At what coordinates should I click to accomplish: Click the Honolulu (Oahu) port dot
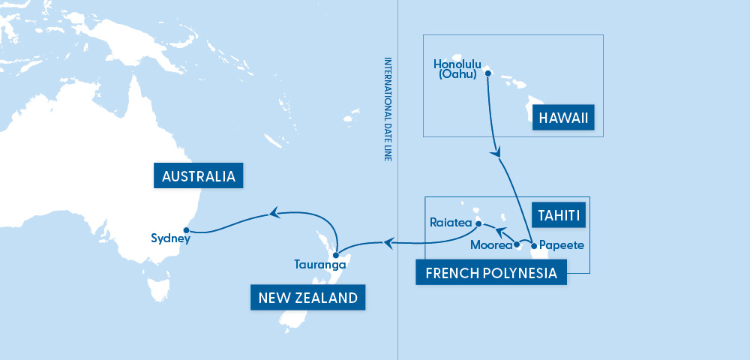click(487, 73)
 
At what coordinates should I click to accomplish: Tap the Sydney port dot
click(186, 230)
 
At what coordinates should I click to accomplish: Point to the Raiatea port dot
click(477, 222)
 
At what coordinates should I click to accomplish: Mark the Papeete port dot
click(533, 245)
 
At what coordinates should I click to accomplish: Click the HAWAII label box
click(567, 118)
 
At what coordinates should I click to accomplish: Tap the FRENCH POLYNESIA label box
click(491, 273)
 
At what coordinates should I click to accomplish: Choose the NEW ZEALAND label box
click(307, 298)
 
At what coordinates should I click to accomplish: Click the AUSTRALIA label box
click(199, 177)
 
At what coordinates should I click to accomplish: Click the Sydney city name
click(169, 239)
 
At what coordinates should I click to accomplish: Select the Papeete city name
click(561, 245)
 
